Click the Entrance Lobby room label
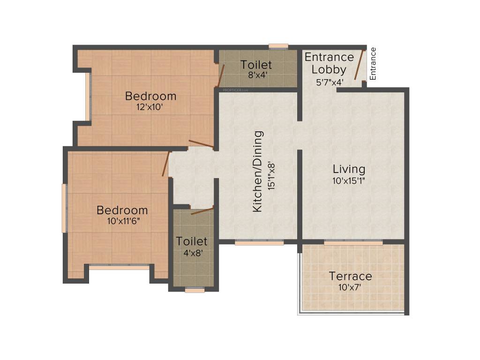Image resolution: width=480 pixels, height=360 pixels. [x=329, y=63]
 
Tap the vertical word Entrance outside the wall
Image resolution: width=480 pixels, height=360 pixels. [x=373, y=64]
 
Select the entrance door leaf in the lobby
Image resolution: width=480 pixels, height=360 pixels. [x=359, y=65]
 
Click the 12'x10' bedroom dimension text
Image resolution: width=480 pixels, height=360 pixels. [x=150, y=107]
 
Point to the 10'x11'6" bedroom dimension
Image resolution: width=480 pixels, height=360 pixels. [x=123, y=221]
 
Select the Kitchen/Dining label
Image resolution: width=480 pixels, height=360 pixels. [x=258, y=172]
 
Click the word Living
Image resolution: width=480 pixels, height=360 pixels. [x=349, y=169]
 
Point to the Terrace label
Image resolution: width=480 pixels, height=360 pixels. [x=351, y=276]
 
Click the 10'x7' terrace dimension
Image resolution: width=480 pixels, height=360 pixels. [x=350, y=287]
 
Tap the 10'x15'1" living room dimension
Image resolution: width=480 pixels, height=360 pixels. [x=349, y=180]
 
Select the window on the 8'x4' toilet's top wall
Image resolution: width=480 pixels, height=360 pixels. [x=278, y=46]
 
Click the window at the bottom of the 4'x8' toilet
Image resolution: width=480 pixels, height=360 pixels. [x=195, y=289]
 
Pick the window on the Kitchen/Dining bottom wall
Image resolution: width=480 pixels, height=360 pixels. [x=259, y=242]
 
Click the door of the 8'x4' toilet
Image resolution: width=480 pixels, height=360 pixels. [x=221, y=75]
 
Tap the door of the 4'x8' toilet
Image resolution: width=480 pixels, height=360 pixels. [x=202, y=211]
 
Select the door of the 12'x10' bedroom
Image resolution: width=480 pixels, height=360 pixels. [x=201, y=144]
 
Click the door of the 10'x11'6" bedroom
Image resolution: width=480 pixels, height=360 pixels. [x=165, y=164]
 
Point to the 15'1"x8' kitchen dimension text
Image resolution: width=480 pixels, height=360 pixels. [x=271, y=176]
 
